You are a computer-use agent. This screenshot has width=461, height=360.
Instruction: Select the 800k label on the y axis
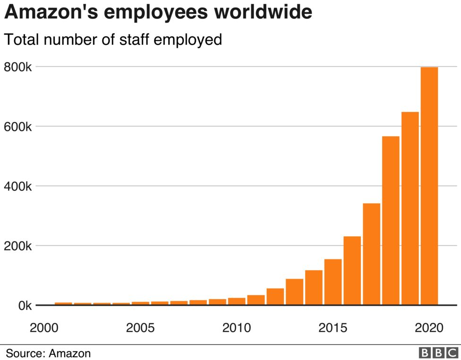coord(17,67)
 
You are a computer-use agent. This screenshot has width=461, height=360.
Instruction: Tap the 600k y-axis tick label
coord(17,127)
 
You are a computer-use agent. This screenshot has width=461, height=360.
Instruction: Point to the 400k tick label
coord(17,186)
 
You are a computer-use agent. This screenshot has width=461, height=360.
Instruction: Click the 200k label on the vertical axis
coord(17,246)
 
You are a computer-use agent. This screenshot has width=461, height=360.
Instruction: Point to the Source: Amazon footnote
coord(48,353)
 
